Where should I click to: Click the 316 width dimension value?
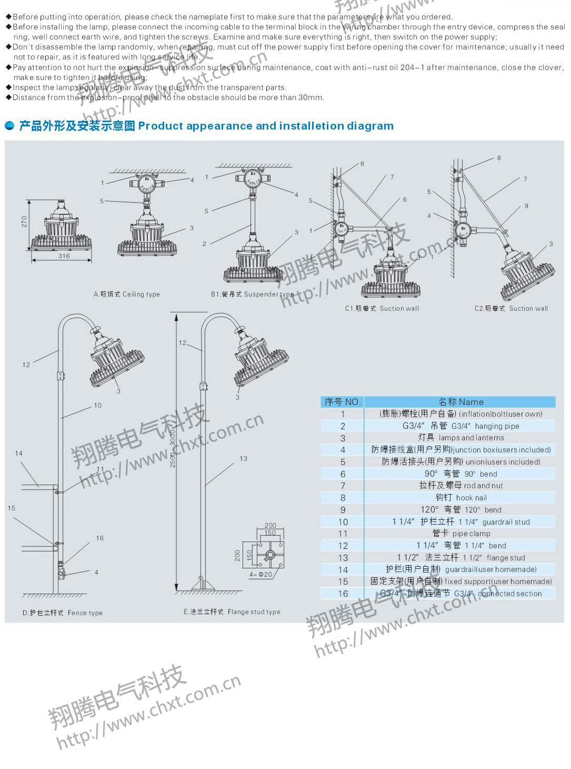click(x=64, y=256)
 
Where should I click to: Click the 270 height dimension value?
click(x=24, y=222)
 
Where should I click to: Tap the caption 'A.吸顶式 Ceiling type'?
click(x=126, y=294)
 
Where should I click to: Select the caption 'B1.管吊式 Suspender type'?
click(x=252, y=294)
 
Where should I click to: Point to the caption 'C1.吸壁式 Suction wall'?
click(x=382, y=309)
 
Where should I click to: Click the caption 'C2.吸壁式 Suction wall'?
click(x=511, y=309)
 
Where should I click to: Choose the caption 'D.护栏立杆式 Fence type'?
click(x=62, y=613)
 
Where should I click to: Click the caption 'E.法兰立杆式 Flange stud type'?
click(x=232, y=612)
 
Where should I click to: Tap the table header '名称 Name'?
click(x=460, y=402)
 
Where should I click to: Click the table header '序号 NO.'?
click(x=342, y=402)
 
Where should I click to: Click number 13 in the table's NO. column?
click(x=343, y=558)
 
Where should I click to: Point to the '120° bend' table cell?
click(x=460, y=510)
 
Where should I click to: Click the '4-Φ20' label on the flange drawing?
click(x=261, y=575)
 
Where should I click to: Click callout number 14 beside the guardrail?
click(x=19, y=453)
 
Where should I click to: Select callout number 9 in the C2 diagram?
click(x=526, y=206)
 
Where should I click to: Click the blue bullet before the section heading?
click(x=9, y=126)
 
